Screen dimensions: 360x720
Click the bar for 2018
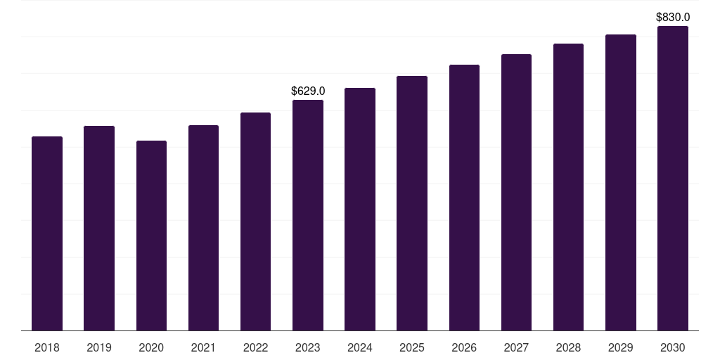[47, 233]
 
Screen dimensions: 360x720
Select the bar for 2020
[151, 236]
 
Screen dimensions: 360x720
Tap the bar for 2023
[308, 215]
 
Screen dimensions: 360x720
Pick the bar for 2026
[464, 198]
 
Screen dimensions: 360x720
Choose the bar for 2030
[673, 179]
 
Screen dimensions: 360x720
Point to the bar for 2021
[203, 228]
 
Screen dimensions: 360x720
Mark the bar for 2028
[568, 187]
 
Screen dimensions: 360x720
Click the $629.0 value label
[308, 91]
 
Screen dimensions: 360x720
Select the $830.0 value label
[673, 17]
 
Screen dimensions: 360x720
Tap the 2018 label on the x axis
[47, 347]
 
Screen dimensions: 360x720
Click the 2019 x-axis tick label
[99, 347]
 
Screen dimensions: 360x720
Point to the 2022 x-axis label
[255, 347]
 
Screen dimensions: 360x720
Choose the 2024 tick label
[360, 347]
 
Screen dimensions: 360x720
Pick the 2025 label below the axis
[412, 347]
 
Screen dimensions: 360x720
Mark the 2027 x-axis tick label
[516, 347]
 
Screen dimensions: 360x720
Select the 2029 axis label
[621, 347]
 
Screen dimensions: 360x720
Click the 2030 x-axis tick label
[673, 347]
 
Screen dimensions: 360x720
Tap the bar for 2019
[99, 229]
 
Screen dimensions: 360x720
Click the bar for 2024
[360, 210]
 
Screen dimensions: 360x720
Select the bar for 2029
[621, 183]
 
